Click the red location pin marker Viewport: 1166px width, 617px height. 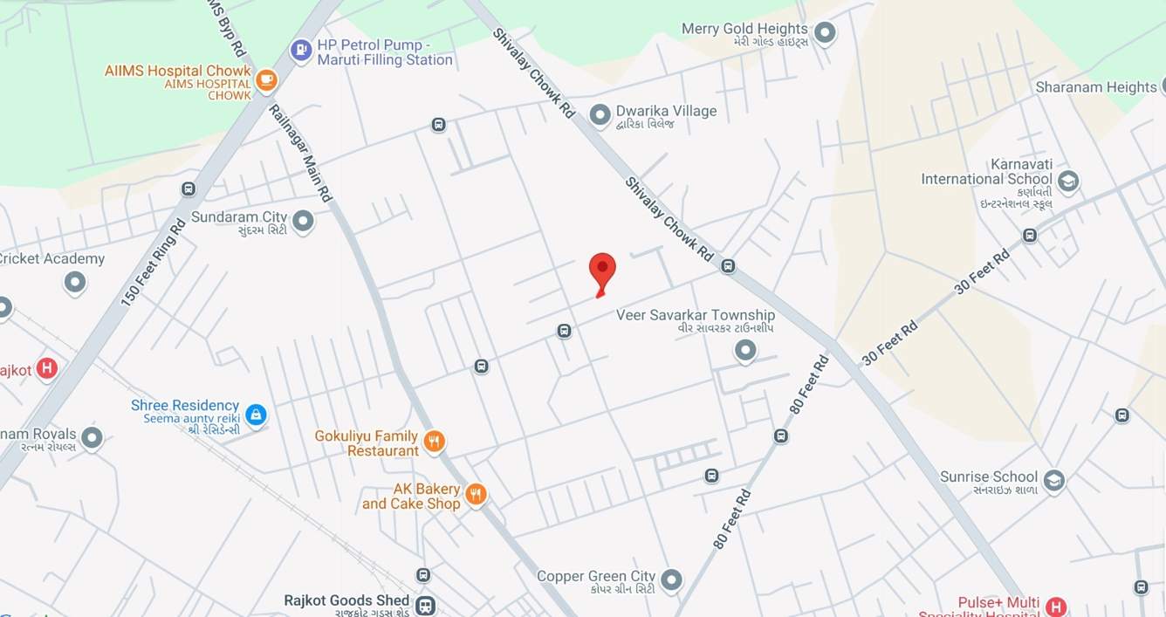[x=602, y=271]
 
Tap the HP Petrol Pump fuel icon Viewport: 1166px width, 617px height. [x=301, y=51]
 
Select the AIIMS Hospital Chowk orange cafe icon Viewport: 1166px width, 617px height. [x=266, y=81]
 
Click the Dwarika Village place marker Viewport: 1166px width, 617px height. [x=600, y=114]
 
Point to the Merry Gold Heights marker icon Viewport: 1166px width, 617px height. [x=825, y=34]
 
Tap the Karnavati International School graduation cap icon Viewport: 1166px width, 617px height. [x=1067, y=182]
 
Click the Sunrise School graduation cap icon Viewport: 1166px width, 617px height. [x=1054, y=481]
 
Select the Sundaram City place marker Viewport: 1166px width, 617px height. [x=303, y=222]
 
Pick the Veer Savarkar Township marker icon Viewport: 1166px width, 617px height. [x=744, y=351]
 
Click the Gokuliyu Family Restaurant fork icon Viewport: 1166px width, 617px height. [x=434, y=442]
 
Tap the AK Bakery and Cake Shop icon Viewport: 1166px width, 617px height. [x=475, y=495]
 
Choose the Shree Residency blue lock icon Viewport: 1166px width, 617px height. [x=256, y=415]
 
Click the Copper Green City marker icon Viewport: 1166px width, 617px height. [x=671, y=579]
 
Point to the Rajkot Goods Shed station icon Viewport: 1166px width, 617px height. [x=425, y=606]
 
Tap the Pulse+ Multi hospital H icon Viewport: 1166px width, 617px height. [x=1056, y=607]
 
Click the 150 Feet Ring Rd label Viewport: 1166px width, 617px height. [x=153, y=262]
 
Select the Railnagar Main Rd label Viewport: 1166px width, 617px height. [x=301, y=154]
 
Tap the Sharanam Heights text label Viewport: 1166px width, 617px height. [x=1095, y=87]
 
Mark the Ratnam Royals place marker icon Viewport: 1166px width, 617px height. [x=92, y=438]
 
